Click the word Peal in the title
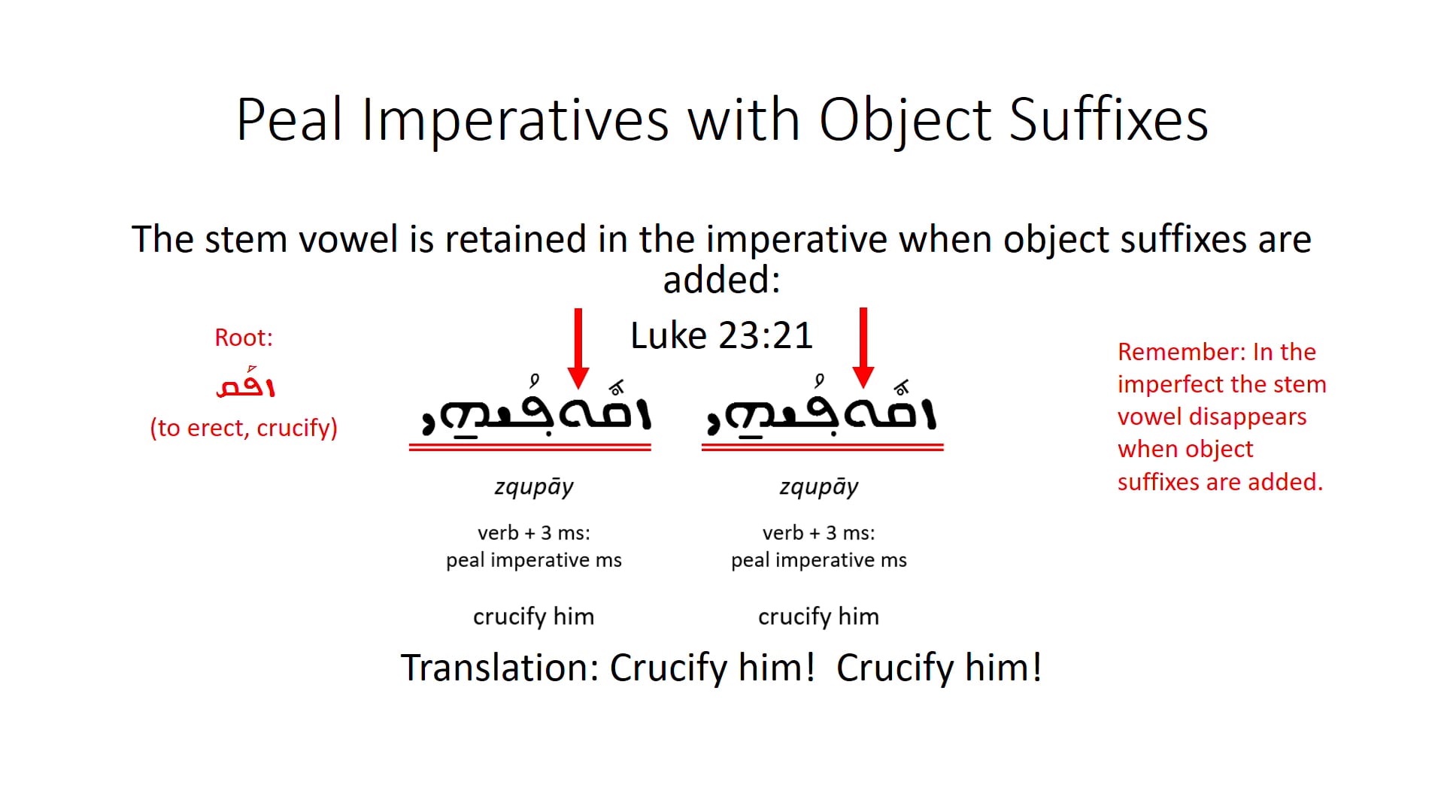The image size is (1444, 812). [x=290, y=120]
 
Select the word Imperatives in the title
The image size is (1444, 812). [x=514, y=120]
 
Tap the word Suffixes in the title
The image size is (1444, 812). [x=1108, y=120]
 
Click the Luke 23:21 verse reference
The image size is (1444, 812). [x=721, y=335]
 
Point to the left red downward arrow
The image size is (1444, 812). [x=578, y=346]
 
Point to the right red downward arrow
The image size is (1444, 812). [x=863, y=346]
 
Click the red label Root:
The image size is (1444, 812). [x=244, y=338]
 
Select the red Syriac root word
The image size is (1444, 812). [x=245, y=385]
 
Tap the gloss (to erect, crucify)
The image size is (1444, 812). [x=244, y=428]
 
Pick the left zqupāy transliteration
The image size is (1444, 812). [x=534, y=486]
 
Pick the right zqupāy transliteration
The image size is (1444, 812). [x=819, y=486]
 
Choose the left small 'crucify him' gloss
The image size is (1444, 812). [x=533, y=617]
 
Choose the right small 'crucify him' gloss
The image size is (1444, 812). [x=818, y=617]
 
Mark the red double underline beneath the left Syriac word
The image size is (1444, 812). [x=529, y=448]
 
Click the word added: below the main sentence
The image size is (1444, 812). [x=721, y=280]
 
